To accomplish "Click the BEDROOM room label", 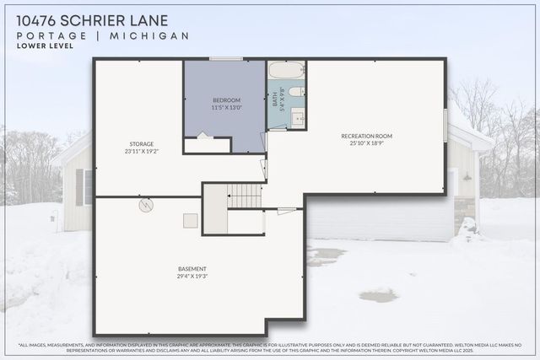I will pyautogui.click(x=226, y=100).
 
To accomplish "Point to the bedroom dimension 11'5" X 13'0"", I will pyautogui.click(x=226, y=108).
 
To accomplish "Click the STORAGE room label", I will pyautogui.click(x=141, y=143).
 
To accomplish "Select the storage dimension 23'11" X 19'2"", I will pyautogui.click(x=141, y=151).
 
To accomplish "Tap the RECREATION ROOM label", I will pyautogui.click(x=366, y=136).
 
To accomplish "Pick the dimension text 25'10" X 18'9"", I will pyautogui.click(x=366, y=143).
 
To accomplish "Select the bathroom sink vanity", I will pyautogui.click(x=298, y=117).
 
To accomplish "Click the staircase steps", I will pyautogui.click(x=245, y=196).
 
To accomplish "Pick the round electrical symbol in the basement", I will pyautogui.click(x=145, y=204).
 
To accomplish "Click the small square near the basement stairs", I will pyautogui.click(x=191, y=220).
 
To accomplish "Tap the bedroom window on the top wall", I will pyautogui.click(x=226, y=58).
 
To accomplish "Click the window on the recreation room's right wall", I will pyautogui.click(x=445, y=125).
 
